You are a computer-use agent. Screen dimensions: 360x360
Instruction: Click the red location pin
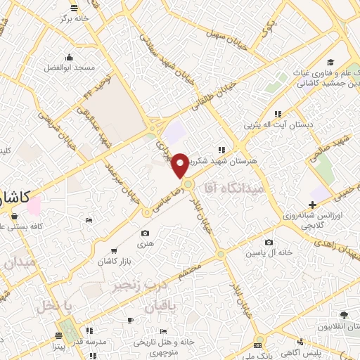(x=181, y=165)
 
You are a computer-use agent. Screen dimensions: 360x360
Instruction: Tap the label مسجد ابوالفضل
(x=70, y=68)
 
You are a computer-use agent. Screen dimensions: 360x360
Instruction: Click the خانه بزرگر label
(x=75, y=19)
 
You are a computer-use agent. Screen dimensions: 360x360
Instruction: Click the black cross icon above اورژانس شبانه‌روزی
(x=312, y=204)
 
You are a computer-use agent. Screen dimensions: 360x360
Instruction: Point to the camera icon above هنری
(x=145, y=233)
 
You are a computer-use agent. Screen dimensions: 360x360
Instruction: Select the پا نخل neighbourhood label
(x=56, y=307)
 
